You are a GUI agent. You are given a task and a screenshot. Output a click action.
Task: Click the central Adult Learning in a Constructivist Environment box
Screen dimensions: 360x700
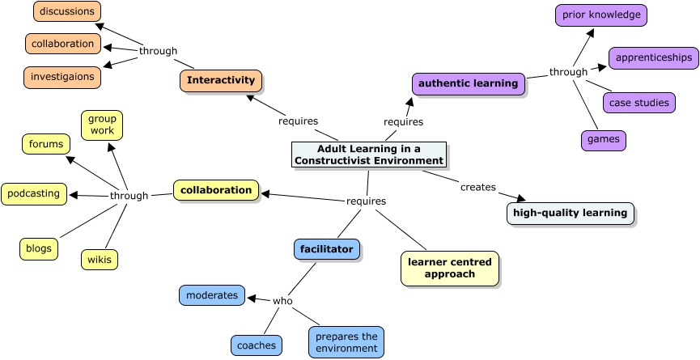pos(369,155)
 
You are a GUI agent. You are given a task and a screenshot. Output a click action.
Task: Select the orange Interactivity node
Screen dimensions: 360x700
pos(221,80)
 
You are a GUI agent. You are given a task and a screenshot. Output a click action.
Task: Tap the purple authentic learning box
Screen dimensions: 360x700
pos(468,83)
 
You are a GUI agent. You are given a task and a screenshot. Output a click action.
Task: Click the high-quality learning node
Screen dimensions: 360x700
pos(570,213)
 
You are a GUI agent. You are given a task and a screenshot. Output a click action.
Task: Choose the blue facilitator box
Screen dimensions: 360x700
pos(326,249)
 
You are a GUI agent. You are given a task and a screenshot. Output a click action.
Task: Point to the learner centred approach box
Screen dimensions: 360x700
pos(450,268)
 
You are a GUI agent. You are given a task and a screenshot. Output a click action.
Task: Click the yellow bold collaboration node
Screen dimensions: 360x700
pos(216,190)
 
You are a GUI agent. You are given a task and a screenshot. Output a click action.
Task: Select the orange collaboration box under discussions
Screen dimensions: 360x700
pos(63,44)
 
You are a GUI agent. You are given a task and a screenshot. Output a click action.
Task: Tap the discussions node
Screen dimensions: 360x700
pos(67,11)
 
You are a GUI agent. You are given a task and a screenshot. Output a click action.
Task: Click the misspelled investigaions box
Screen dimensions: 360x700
pos(62,78)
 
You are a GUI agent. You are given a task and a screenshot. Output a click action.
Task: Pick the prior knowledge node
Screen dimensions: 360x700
pos(601,15)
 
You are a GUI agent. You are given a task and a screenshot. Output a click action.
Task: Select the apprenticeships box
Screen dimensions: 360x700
pos(653,57)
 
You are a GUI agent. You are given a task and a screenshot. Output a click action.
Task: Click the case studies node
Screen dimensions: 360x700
pos(638,103)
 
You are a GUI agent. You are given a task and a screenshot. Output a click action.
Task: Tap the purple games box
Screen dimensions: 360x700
pos(603,139)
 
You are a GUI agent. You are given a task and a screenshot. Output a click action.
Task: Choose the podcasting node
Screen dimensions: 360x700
pos(34,193)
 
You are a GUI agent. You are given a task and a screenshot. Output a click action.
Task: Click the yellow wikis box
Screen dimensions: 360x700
pos(100,259)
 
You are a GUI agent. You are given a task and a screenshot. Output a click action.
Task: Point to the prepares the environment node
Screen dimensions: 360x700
pos(346,342)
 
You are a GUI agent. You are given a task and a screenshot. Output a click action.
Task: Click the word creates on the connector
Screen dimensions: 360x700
pos(477,187)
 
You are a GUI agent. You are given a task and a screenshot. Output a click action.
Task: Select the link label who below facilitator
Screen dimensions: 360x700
pos(282,301)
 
